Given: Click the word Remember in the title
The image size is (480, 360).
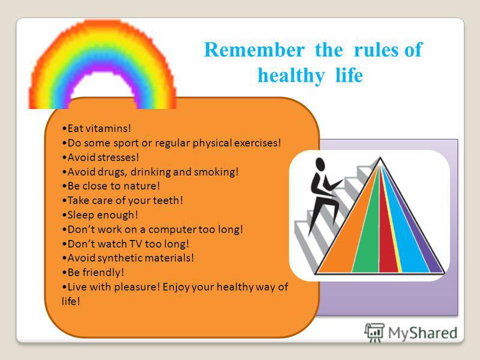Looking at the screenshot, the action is point(254,49).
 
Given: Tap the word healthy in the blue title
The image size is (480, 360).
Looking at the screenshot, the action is point(291,76).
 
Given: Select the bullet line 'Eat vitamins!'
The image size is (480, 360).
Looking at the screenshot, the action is point(97,128).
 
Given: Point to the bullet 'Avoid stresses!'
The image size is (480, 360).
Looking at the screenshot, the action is point(100,157).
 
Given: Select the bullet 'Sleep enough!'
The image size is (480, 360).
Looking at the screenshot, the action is point(100,215).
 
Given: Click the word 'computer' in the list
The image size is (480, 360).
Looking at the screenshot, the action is point(172,230).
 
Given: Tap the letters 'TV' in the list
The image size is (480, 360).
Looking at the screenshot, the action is point(136,244).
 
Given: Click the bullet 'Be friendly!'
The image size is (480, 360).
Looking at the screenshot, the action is point(93,272).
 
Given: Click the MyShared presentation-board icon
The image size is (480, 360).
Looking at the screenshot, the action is point(374,332).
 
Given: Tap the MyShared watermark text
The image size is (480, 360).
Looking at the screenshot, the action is point(423,333).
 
